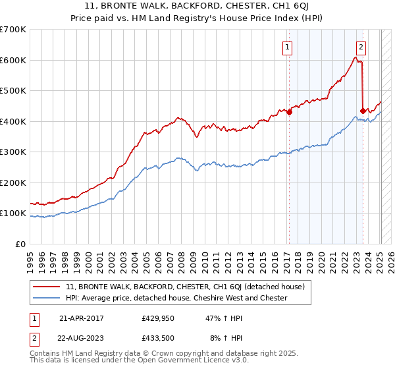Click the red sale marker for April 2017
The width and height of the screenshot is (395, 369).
coord(289,112)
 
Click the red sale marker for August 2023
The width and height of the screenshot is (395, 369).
coord(363,111)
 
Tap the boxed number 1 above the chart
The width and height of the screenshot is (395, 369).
coord(288,47)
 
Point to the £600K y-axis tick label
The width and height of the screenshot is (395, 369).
coord(13,60)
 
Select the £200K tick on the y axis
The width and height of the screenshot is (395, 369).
coord(13,183)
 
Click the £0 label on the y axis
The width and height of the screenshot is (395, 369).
coord(21,244)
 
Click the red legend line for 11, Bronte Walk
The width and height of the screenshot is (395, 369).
coord(47,287)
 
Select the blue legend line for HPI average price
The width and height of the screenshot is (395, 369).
coord(47,298)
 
